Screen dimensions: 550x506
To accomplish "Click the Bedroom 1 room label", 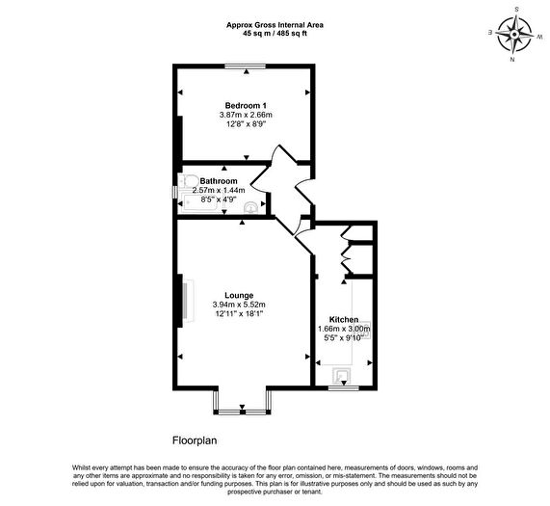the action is [x=246, y=105].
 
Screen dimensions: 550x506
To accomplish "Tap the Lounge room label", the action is [x=239, y=296].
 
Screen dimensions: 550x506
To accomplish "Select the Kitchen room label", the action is [x=344, y=320].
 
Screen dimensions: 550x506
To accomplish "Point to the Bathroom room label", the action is [x=219, y=181].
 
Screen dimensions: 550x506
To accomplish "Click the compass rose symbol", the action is [x=514, y=34].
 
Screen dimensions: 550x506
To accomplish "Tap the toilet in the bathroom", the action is [x=189, y=182].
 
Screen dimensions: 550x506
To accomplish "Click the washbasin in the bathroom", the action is [x=251, y=207].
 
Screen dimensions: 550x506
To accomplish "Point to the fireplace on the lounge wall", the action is [x=187, y=301].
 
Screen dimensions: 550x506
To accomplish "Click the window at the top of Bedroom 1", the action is [x=246, y=66].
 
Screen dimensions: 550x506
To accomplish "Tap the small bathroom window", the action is [x=174, y=192].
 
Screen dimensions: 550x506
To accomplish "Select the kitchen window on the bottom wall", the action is [x=344, y=387].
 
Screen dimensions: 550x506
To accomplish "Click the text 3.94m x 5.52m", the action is [x=239, y=305].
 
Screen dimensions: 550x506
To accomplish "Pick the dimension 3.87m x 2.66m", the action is [x=246, y=115].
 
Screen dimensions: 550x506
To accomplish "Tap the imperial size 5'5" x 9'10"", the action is [x=344, y=338].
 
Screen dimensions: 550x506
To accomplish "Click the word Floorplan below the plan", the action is [x=195, y=440].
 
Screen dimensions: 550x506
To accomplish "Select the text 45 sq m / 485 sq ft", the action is [x=275, y=34].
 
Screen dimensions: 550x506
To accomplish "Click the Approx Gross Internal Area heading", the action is [x=275, y=25].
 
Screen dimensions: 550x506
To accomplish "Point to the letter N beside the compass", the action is [x=512, y=60].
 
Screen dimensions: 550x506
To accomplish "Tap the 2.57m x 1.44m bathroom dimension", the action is [x=219, y=190].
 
